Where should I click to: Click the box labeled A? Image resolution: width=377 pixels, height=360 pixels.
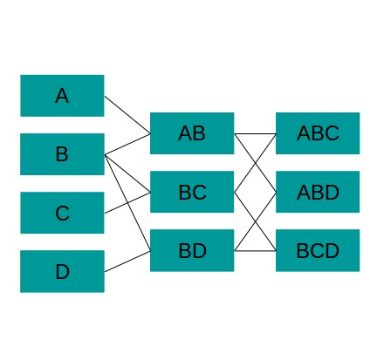pos(62,96)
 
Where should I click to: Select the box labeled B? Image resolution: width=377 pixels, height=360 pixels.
pos(62,154)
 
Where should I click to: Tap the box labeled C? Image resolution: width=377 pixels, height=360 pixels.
pos(62,213)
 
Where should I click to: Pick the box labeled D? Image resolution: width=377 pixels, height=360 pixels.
pos(62,271)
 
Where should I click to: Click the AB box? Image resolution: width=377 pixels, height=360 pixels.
pos(192,133)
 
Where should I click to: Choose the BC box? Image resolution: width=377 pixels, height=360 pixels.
pos(192,192)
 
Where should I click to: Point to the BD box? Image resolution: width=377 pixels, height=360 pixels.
pos(192,250)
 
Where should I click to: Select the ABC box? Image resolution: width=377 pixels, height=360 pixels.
pos(318,133)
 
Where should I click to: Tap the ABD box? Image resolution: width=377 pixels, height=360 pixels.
pos(318,192)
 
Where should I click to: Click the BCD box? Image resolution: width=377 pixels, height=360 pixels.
pos(318,250)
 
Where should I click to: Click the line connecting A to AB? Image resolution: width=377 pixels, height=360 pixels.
pos(127,115)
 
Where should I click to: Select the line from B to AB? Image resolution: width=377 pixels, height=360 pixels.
pos(127,144)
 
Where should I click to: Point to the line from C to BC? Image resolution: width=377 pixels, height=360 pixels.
pos(127,203)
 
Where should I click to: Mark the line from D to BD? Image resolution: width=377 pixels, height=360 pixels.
pos(127,262)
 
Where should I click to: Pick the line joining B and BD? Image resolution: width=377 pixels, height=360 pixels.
pos(127,203)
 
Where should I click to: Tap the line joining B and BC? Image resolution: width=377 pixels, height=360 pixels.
pos(127,174)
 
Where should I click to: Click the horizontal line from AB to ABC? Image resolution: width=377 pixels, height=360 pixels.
pos(255,134)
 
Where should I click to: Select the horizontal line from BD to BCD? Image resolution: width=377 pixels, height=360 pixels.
pos(255,250)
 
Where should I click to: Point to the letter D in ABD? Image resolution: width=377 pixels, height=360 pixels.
pos(332,193)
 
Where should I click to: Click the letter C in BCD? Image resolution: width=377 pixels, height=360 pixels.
pos(318,251)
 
